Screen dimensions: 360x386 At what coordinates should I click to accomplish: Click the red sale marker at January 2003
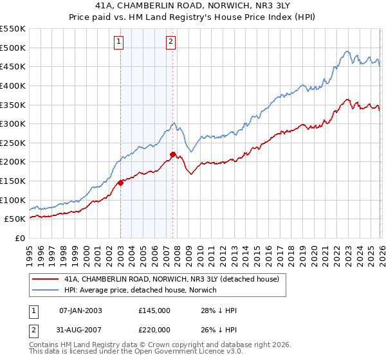(x=120, y=183)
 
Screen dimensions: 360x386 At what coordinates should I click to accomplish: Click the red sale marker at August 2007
(x=173, y=154)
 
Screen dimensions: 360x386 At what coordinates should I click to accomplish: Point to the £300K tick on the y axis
(x=13, y=123)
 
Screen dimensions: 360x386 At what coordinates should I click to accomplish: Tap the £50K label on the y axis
(x=15, y=219)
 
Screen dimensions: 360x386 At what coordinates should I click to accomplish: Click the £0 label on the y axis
(x=19, y=238)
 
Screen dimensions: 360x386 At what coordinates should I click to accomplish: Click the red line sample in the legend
(x=45, y=280)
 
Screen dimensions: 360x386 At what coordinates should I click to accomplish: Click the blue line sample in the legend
(x=45, y=291)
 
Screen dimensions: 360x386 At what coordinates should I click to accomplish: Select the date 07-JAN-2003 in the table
(x=80, y=310)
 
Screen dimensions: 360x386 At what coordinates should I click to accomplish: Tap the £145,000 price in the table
(x=154, y=310)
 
